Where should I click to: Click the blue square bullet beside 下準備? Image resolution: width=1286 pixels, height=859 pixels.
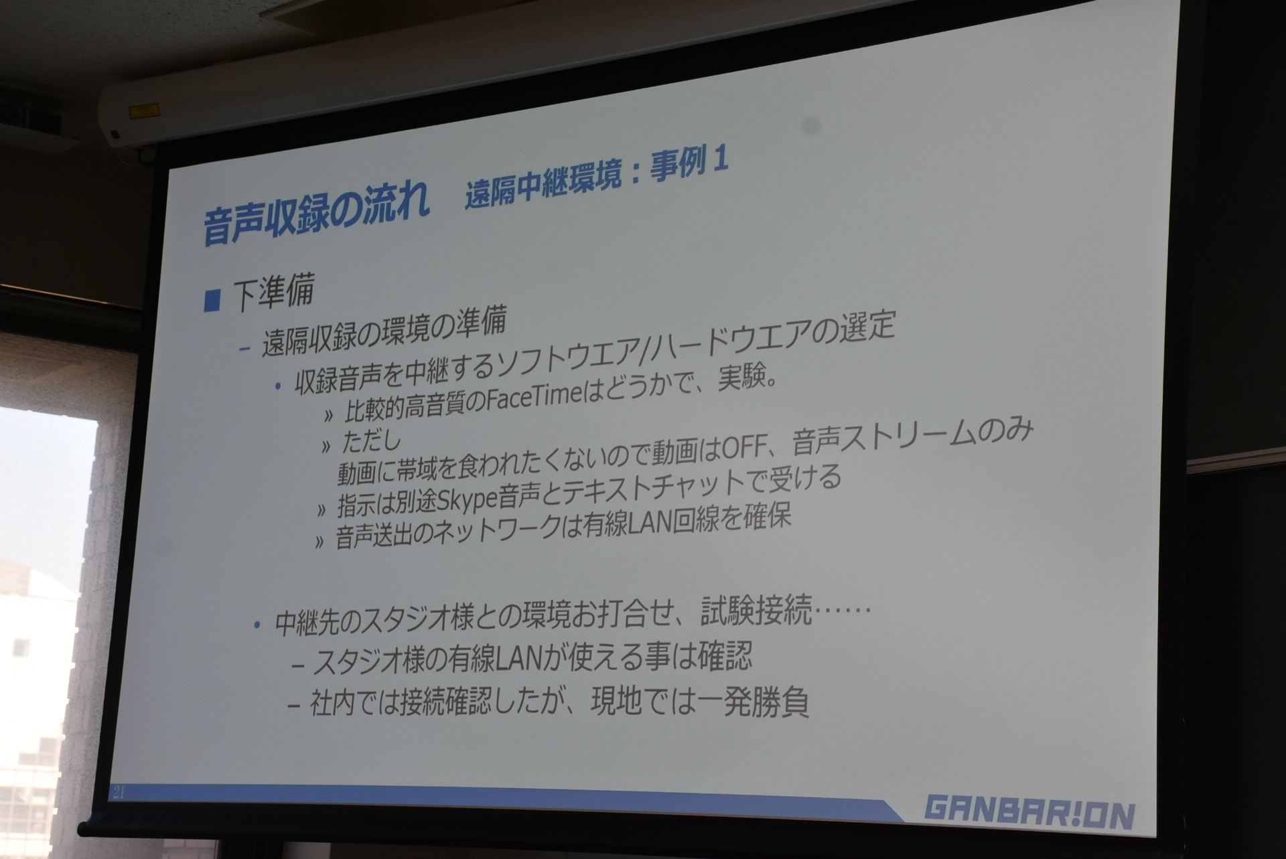[212, 300]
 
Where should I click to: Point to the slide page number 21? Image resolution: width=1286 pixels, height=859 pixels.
[120, 792]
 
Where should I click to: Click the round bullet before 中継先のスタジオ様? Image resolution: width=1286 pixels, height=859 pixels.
[257, 625]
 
